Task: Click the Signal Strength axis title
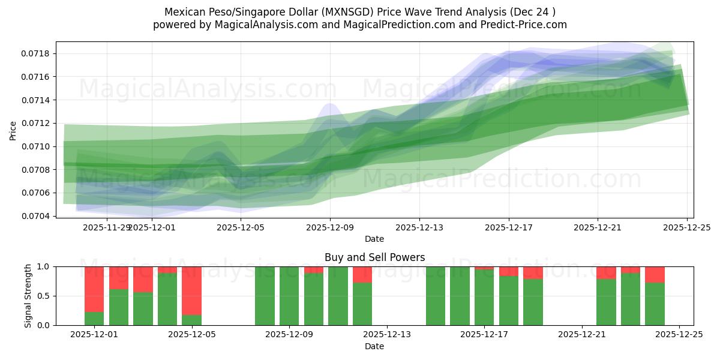tap(28, 296)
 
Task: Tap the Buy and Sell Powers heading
tap(374, 257)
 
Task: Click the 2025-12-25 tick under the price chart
tap(687, 227)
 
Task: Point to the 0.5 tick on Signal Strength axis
tap(46, 296)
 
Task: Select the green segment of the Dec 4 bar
tap(167, 299)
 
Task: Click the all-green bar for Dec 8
tap(265, 296)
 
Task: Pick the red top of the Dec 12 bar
tap(362, 275)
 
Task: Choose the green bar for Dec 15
tap(436, 296)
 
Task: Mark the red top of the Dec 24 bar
tap(655, 275)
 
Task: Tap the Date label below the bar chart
tap(374, 346)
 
